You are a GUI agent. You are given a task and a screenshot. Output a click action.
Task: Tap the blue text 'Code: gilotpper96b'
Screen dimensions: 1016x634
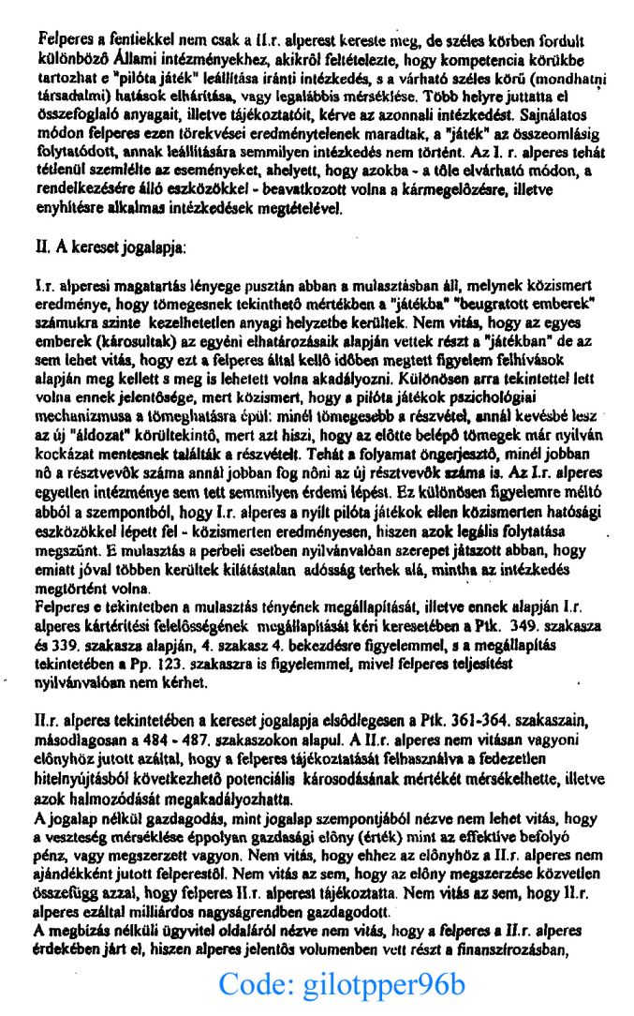click(342, 985)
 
